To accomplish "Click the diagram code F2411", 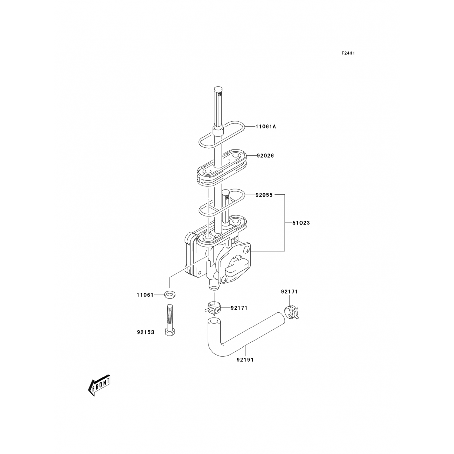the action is tap(348, 53).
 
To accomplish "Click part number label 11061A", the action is tap(266, 127).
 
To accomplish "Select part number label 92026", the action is tap(265, 156).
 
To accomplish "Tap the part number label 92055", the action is tap(264, 195).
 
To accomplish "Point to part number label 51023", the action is tap(301, 223).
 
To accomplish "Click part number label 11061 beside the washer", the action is tap(145, 295).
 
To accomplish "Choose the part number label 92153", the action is tap(146, 332).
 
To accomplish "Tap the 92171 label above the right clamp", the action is tap(289, 292).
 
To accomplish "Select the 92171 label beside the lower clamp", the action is tap(239, 308).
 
